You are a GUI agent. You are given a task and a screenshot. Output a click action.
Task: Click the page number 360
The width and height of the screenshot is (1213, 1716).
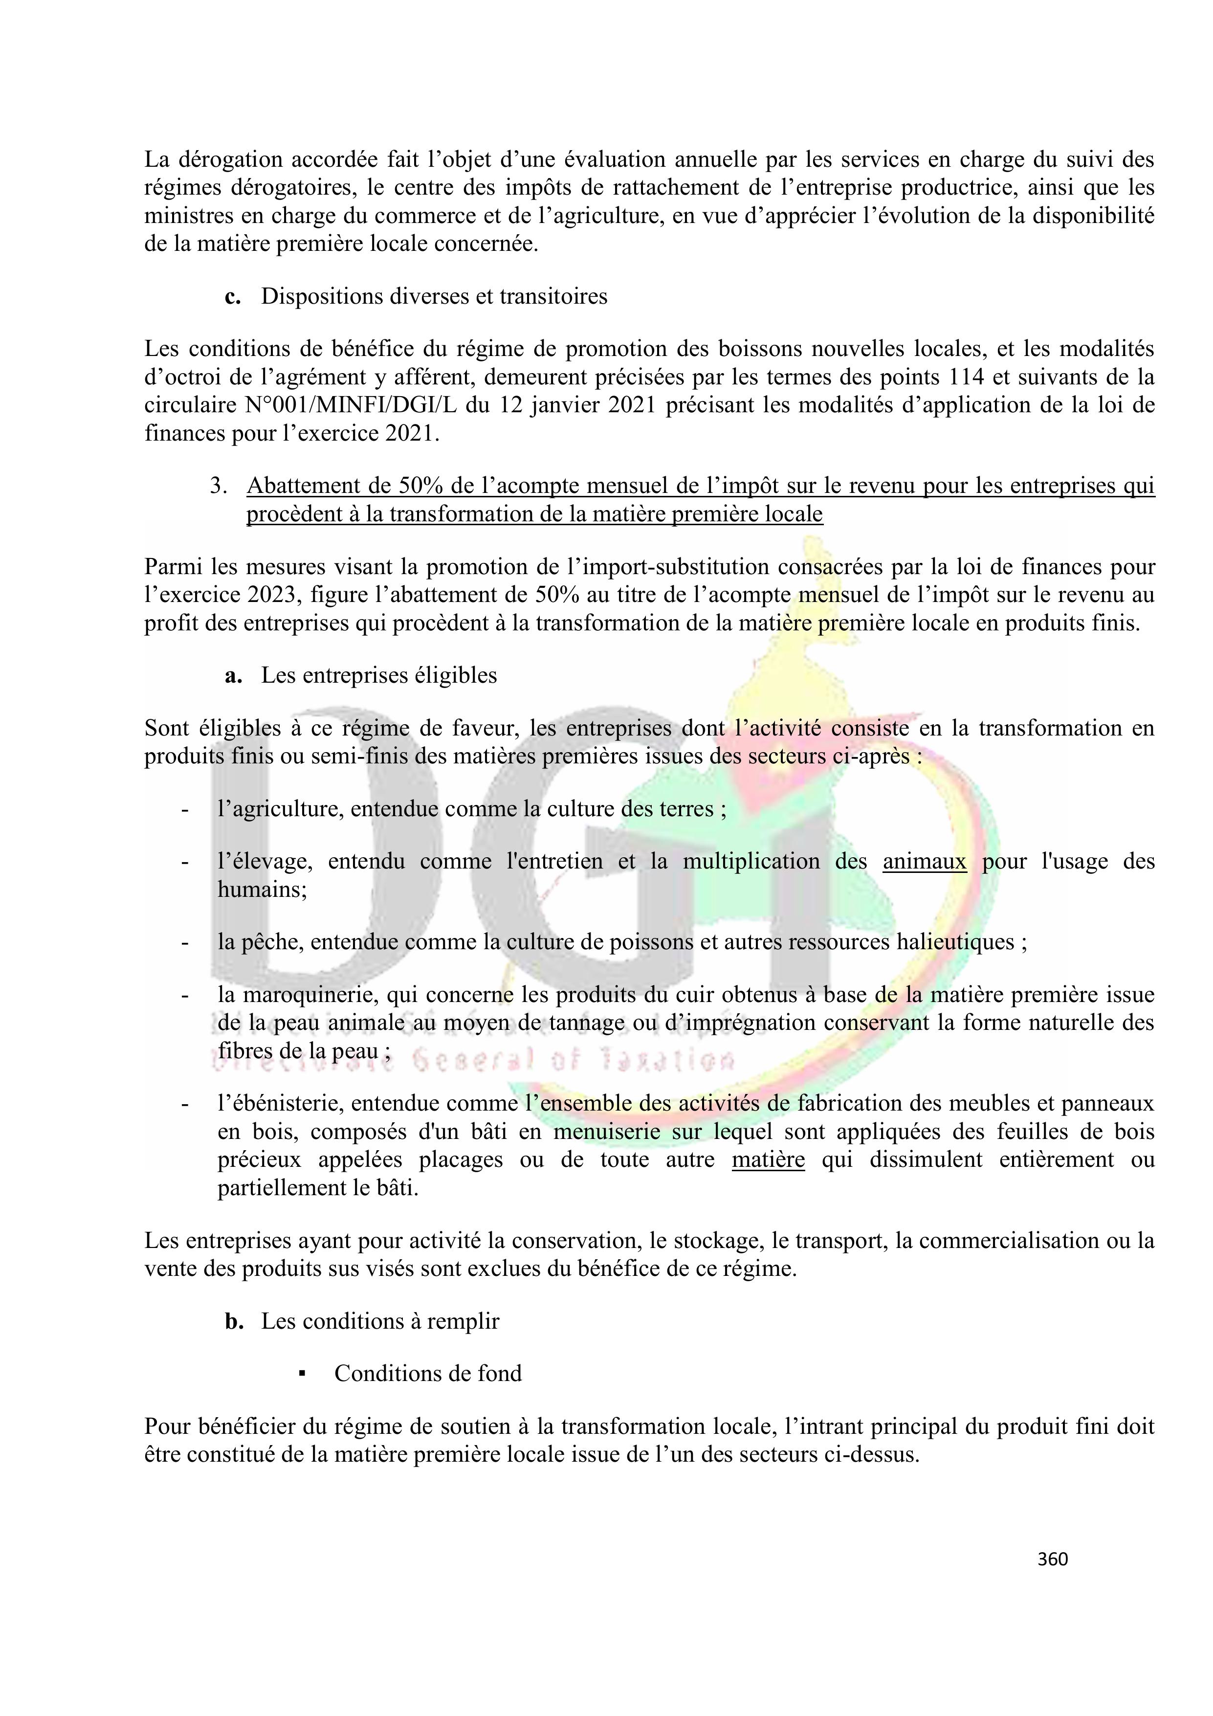click(x=1052, y=1559)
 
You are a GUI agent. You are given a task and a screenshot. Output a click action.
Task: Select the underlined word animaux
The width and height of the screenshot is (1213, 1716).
click(x=925, y=862)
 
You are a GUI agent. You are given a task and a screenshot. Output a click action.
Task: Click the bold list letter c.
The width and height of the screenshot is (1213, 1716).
click(x=232, y=297)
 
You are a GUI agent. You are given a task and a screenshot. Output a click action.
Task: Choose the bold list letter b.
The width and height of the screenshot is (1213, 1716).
click(x=234, y=1321)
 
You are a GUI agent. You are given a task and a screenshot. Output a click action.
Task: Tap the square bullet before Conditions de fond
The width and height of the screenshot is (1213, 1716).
click(x=303, y=1374)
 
